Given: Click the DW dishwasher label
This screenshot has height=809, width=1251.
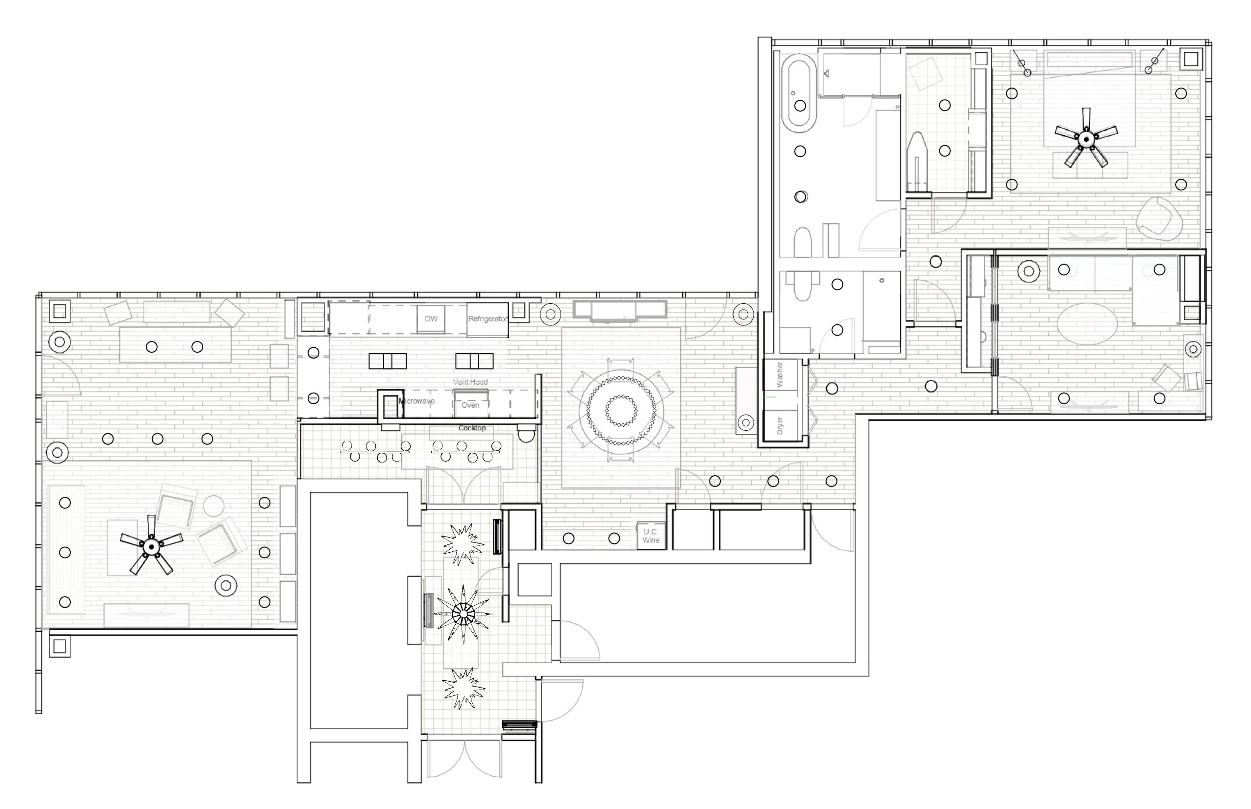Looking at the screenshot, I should pyautogui.click(x=431, y=319).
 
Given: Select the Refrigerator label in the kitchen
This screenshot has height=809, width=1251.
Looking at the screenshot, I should pyautogui.click(x=488, y=319).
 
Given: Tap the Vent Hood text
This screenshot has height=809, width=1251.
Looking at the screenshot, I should pyautogui.click(x=470, y=382).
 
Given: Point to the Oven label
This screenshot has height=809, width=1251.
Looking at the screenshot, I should pyautogui.click(x=470, y=405).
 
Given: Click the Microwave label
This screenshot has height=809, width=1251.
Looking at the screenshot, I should pyautogui.click(x=417, y=401).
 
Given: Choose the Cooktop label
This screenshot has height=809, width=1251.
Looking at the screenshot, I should pyautogui.click(x=472, y=428).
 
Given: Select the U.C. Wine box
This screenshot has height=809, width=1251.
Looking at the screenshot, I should pyautogui.click(x=650, y=536).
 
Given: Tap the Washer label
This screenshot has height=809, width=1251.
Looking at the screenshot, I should pyautogui.click(x=780, y=374).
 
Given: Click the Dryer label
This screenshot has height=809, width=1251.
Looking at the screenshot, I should pyautogui.click(x=780, y=425).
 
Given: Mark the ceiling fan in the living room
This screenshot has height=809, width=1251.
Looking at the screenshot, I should pyautogui.click(x=152, y=547).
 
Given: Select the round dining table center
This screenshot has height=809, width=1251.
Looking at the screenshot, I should pyautogui.click(x=621, y=410).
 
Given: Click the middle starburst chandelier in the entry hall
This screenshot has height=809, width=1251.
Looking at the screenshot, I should pyautogui.click(x=463, y=613).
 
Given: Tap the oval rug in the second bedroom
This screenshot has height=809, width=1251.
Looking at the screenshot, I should pyautogui.click(x=1087, y=324).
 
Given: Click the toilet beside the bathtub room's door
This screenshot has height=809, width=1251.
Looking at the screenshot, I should pyautogui.click(x=802, y=242).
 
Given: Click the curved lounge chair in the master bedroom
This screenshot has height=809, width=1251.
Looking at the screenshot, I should pyautogui.click(x=1159, y=219).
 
